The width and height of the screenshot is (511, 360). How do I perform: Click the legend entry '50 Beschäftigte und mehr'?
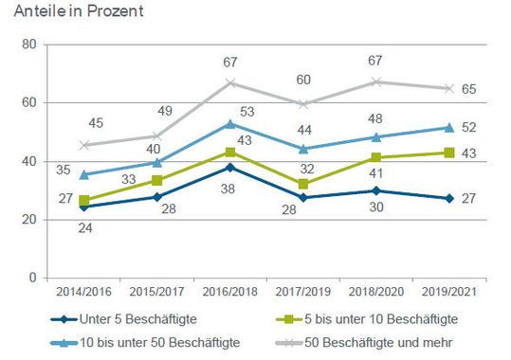coord(378,340)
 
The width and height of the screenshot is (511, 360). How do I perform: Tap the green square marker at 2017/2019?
coord(304,184)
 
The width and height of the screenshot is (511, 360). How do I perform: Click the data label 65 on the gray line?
coord(467,89)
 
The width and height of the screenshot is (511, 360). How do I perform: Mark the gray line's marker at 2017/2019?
coord(304,103)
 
